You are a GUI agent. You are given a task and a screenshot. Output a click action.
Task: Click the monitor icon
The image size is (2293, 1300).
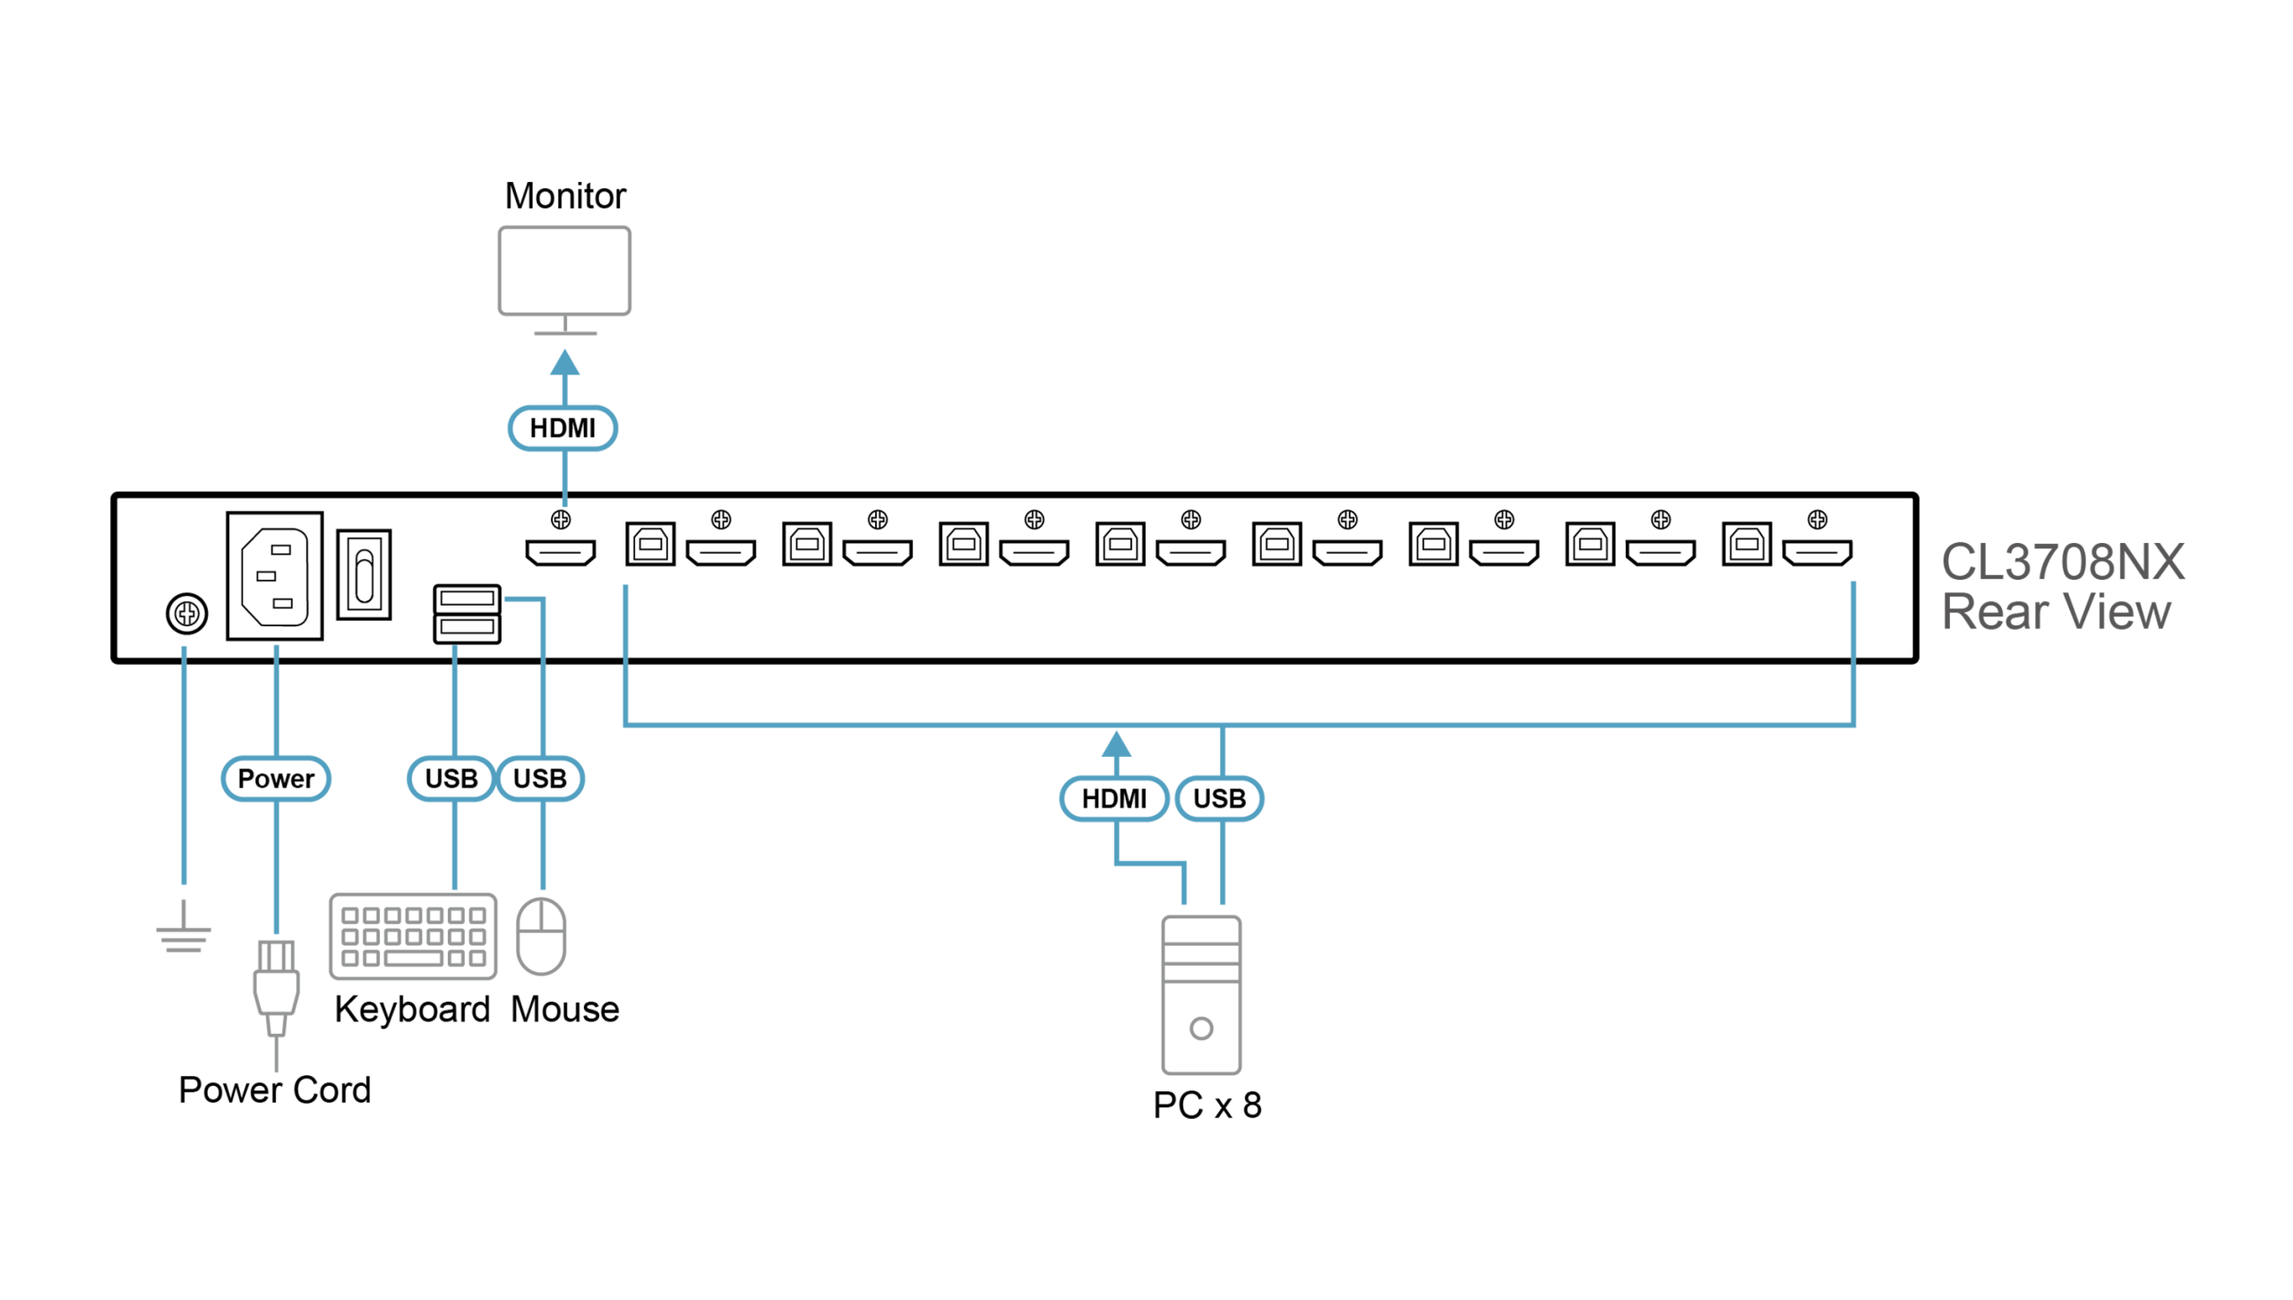(564, 271)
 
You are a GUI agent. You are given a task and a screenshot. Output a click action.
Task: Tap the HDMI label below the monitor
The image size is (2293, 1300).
(563, 428)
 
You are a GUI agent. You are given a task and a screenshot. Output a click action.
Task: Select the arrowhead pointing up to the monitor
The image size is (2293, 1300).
(564, 362)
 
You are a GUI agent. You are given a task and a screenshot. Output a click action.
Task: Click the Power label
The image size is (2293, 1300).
(276, 779)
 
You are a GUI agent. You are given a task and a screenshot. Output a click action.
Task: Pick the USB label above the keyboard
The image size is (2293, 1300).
(451, 779)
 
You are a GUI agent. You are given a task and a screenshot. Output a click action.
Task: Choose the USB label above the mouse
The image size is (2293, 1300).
(540, 779)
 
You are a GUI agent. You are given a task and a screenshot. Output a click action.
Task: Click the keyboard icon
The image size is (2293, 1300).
(413, 936)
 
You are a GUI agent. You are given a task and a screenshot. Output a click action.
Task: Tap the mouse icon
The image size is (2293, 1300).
(542, 935)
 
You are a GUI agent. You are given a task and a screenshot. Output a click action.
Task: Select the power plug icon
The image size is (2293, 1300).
(276, 986)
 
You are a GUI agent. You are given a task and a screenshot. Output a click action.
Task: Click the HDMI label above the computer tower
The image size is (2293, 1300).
(1113, 798)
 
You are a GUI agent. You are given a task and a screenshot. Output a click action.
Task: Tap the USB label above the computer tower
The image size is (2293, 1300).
(1219, 798)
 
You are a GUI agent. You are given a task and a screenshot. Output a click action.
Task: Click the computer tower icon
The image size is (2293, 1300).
(1201, 994)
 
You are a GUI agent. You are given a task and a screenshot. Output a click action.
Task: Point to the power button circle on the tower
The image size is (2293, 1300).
(1201, 1029)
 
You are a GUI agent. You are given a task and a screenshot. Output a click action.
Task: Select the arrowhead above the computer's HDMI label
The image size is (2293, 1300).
(1115, 743)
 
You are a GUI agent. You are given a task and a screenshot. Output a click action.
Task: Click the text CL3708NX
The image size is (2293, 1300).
(2063, 563)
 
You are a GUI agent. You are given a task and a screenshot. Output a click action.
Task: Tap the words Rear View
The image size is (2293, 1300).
(2057, 613)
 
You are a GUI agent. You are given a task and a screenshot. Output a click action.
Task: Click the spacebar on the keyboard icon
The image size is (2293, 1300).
(414, 959)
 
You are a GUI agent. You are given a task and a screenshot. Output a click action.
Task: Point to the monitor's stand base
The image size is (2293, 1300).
(564, 333)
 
